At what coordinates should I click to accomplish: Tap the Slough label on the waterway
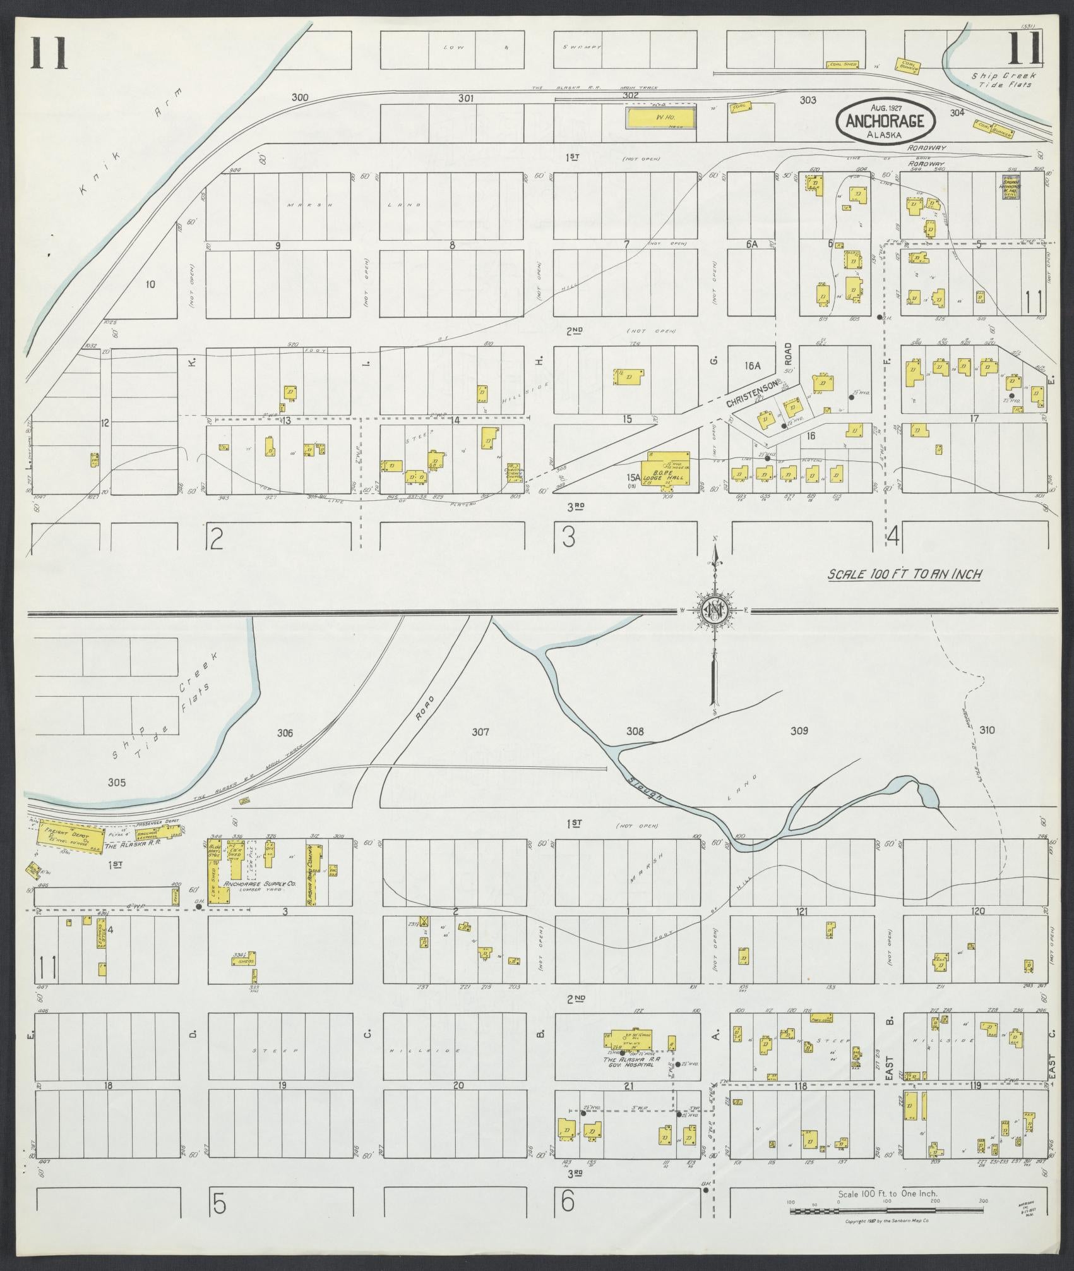point(645,786)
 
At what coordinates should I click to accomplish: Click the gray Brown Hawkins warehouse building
point(1011,188)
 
